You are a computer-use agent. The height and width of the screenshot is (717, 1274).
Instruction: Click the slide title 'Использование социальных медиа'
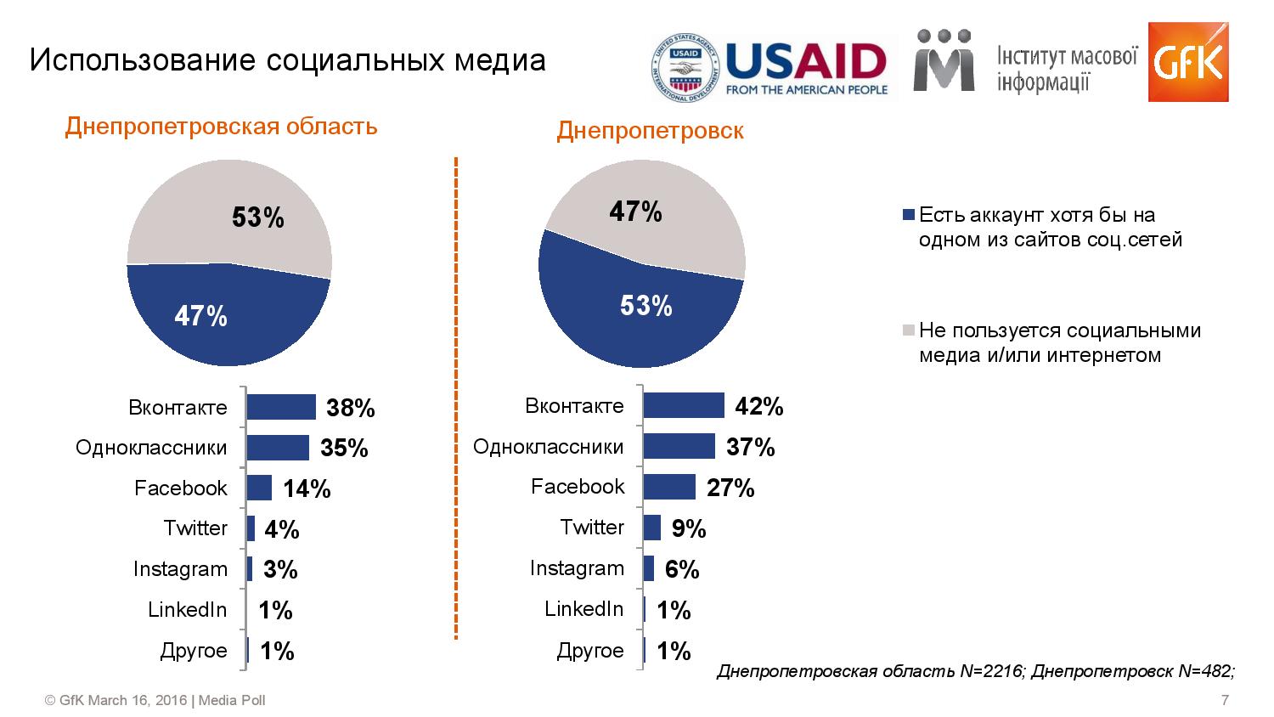tap(287, 60)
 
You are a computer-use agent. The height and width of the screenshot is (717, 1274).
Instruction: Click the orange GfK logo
tap(1187, 61)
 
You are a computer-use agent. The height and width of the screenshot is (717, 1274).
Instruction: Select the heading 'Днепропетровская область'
tap(221, 127)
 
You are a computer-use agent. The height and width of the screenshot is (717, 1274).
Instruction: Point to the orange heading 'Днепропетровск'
tap(650, 131)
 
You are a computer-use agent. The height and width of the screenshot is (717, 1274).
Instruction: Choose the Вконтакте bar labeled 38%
tap(281, 408)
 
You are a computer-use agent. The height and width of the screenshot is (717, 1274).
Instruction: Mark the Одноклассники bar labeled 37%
tap(679, 447)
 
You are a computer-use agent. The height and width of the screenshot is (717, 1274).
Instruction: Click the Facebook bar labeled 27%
tap(669, 487)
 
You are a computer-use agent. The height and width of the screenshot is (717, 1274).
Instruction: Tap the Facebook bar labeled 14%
tap(259, 488)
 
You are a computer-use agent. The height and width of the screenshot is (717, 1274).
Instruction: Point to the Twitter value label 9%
tap(689, 529)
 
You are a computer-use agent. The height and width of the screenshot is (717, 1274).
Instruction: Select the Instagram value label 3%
tap(280, 570)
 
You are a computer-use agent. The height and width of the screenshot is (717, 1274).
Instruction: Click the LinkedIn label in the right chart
tap(583, 609)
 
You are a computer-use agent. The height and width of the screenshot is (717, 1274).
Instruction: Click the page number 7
tap(1225, 701)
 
